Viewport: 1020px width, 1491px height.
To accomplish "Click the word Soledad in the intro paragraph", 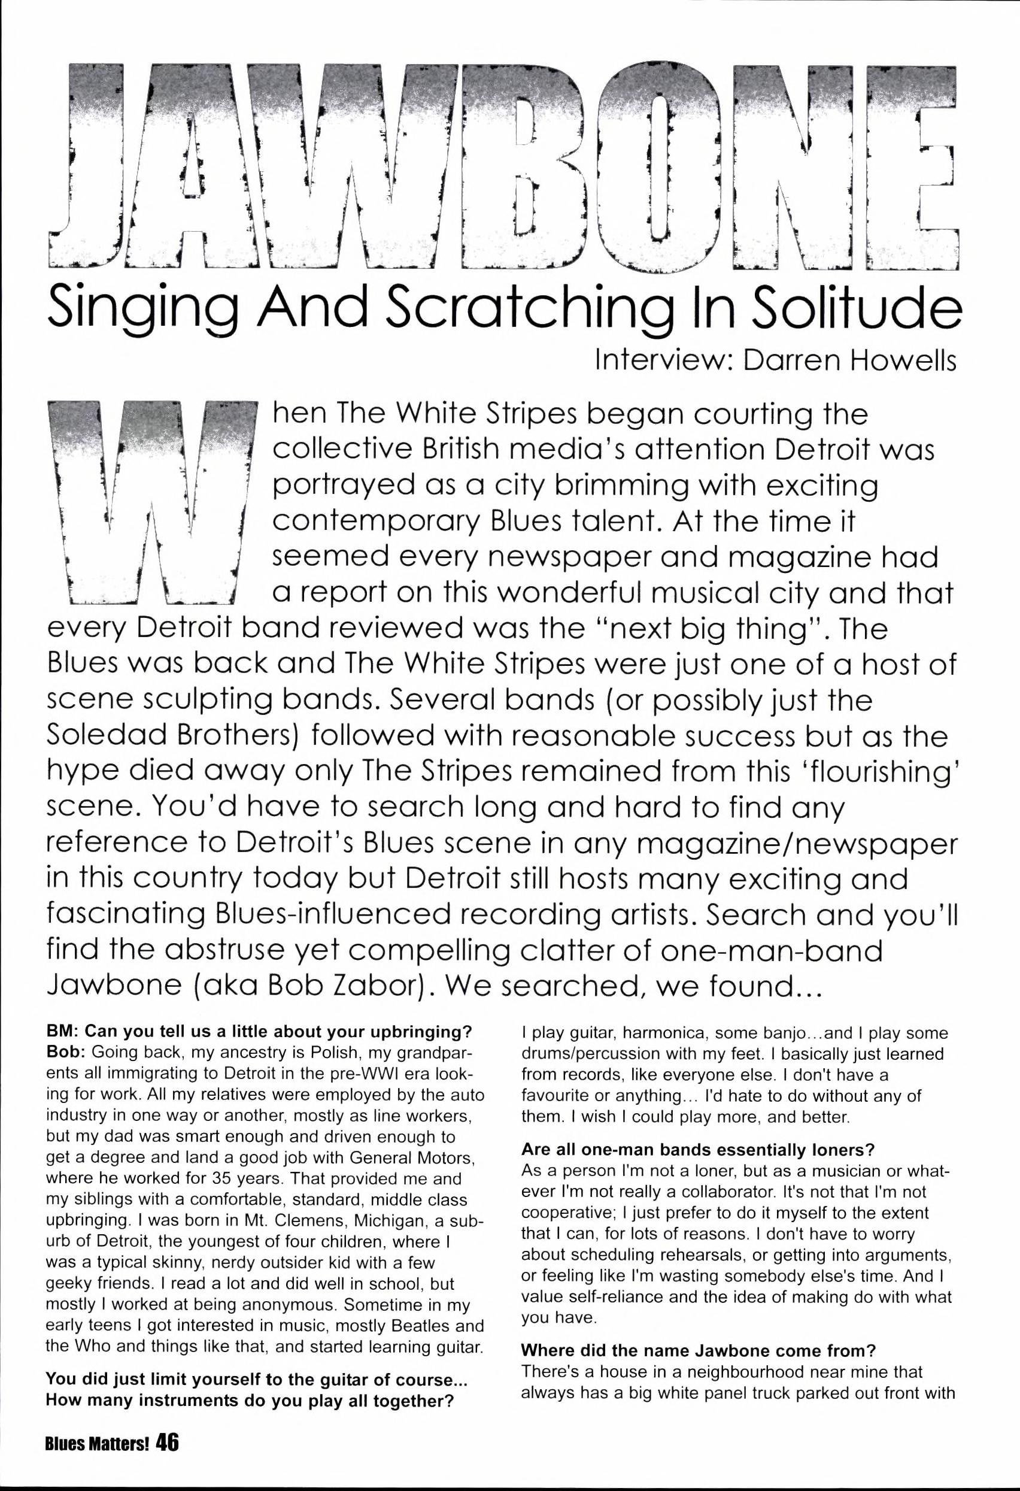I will (109, 736).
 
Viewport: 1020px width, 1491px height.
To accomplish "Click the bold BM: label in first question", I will (63, 1033).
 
